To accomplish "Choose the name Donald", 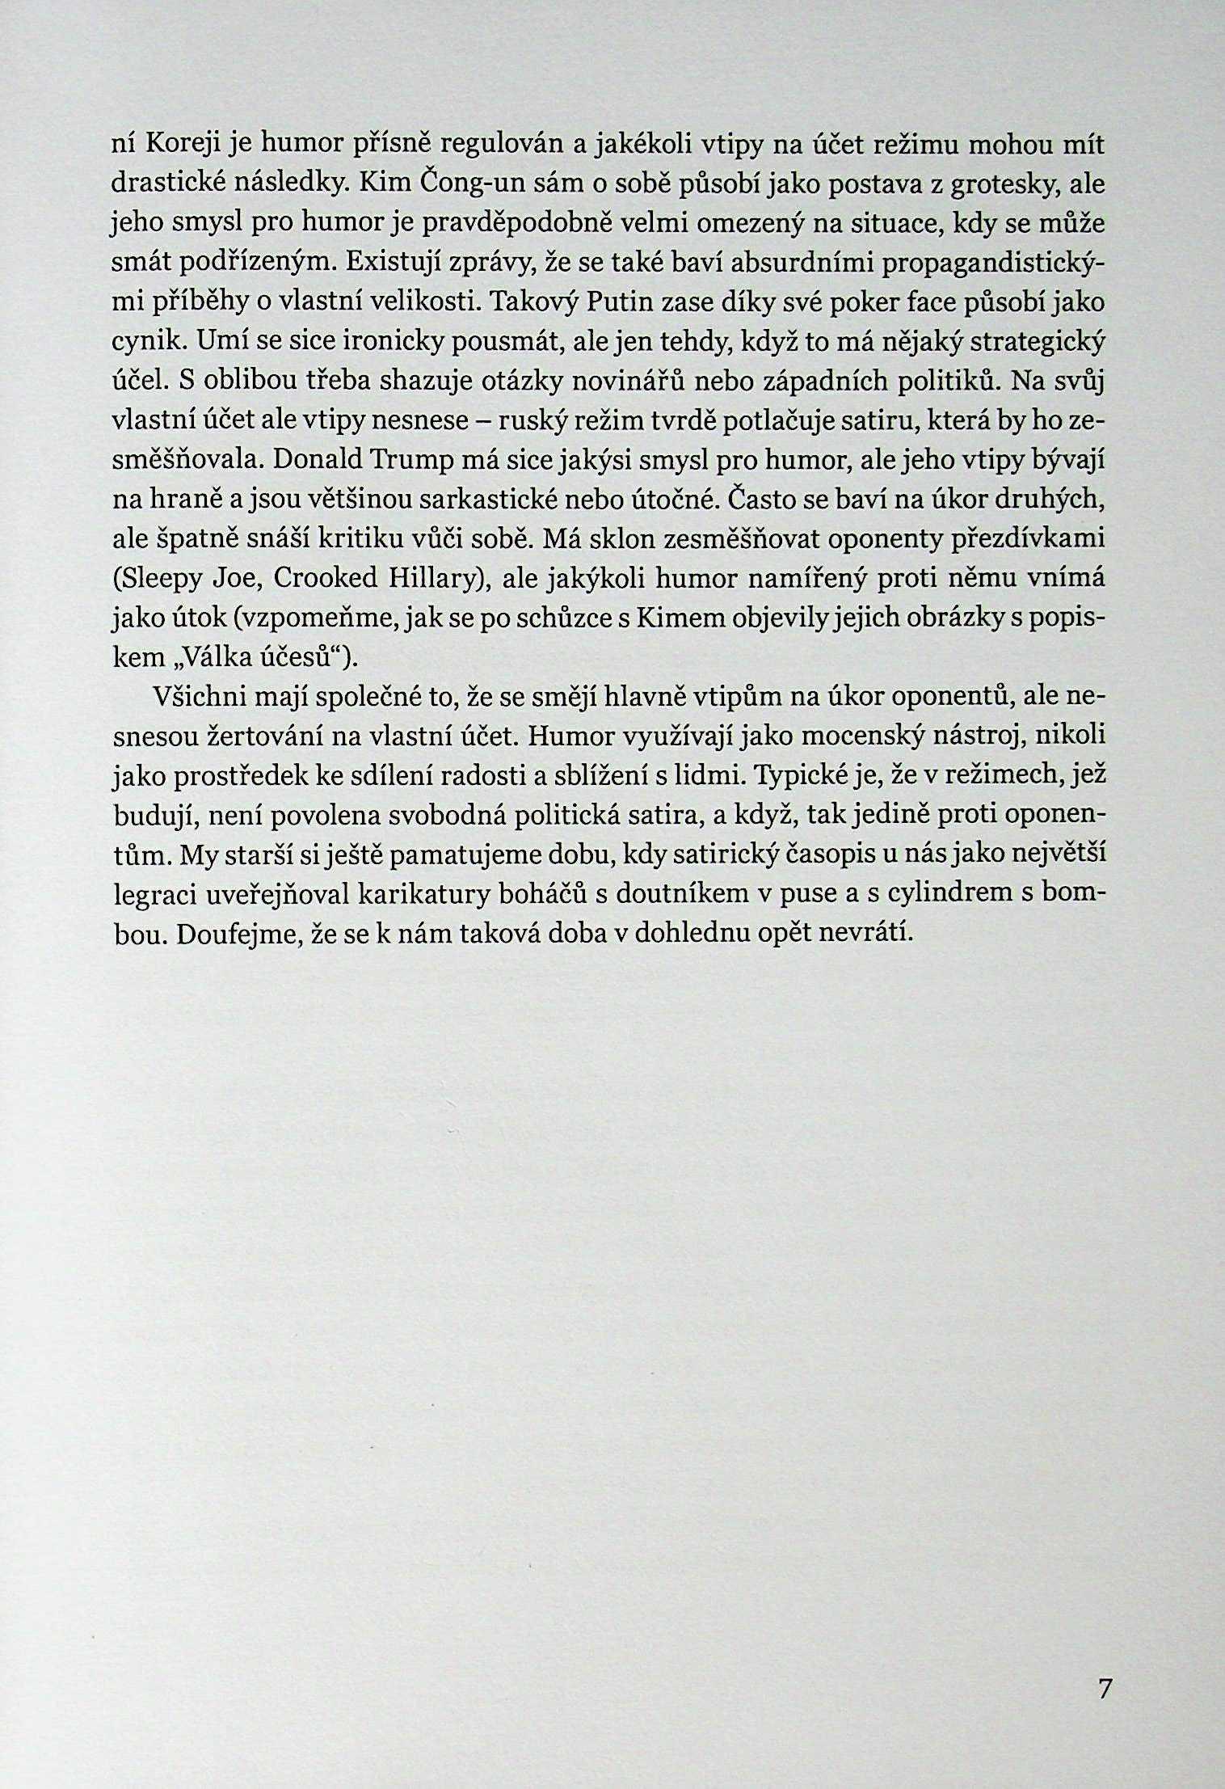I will point(321,461).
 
